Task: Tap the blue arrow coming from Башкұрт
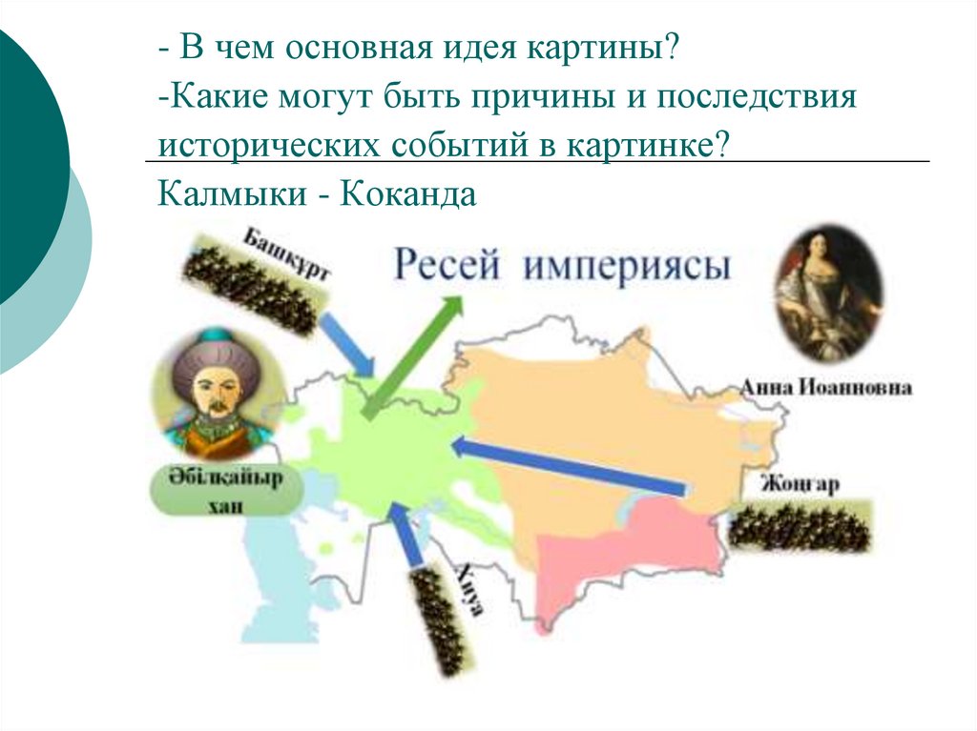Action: tap(347, 346)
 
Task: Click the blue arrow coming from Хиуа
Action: tap(406, 537)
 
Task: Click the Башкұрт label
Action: tap(285, 253)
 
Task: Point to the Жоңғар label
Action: tap(800, 485)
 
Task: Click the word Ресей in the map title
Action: tap(447, 264)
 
